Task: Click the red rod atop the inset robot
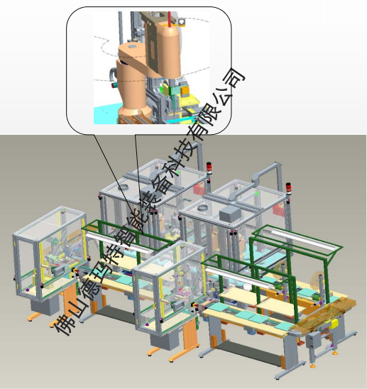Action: [170, 18]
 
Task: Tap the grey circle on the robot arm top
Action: [132, 46]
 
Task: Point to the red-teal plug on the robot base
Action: [114, 85]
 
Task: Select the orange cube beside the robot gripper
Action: [185, 91]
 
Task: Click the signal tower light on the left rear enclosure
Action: [209, 168]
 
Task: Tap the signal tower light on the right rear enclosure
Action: [288, 188]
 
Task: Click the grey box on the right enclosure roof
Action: [230, 214]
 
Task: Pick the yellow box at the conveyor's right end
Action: [335, 324]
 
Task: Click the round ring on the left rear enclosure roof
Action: [124, 187]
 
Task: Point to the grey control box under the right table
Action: [313, 340]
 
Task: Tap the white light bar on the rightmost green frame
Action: [305, 239]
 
